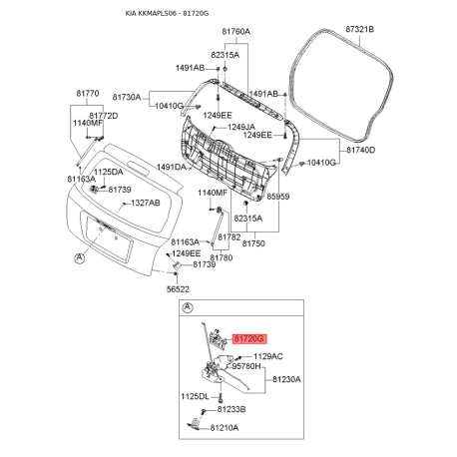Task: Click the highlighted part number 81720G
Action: pyautogui.click(x=248, y=340)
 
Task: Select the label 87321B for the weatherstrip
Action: pyautogui.click(x=358, y=31)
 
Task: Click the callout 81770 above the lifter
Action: pyautogui.click(x=88, y=94)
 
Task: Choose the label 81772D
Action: pyautogui.click(x=104, y=116)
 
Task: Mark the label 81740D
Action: pyautogui.click(x=360, y=150)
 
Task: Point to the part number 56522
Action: pyautogui.click(x=178, y=288)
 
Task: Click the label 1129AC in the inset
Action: pyautogui.click(x=267, y=356)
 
